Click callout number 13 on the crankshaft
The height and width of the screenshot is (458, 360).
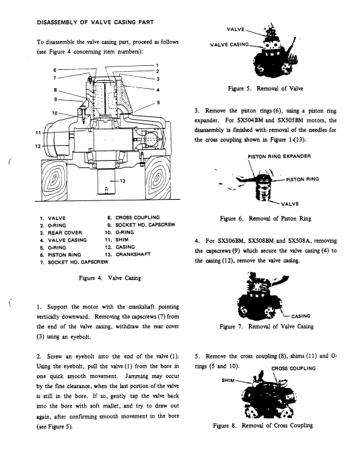[x=122, y=181]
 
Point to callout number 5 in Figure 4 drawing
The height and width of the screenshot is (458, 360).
[x=158, y=102]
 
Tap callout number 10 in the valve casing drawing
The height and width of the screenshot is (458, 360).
[x=55, y=113]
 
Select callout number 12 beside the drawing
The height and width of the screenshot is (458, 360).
[x=38, y=146]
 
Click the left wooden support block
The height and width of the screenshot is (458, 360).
[x=54, y=180]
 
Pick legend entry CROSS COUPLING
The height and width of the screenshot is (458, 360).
[x=138, y=218]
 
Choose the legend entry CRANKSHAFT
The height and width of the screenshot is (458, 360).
[x=133, y=254]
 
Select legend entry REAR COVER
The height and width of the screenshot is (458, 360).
[x=65, y=233]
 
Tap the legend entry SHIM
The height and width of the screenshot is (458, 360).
[x=122, y=240]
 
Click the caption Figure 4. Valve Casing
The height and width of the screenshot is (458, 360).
[x=110, y=278]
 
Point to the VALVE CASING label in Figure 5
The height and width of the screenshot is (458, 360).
[x=229, y=44]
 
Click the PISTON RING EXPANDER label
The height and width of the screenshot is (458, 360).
[x=279, y=156]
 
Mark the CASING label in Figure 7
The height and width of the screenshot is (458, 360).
[x=301, y=316]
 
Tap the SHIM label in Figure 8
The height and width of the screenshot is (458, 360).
[x=228, y=380]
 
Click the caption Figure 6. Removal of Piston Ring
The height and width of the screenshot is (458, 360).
[x=266, y=219]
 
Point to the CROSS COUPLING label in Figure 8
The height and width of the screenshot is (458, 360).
[x=293, y=369]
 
